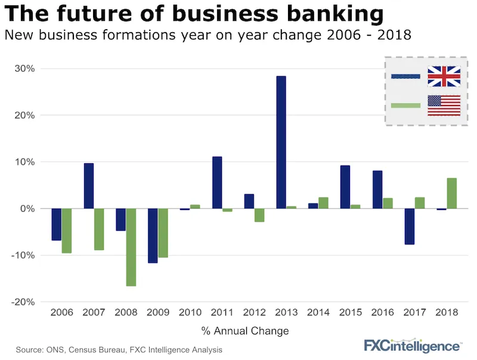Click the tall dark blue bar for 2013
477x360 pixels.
[x=281, y=142]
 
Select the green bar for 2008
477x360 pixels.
[x=131, y=247]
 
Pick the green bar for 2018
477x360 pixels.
[x=452, y=193]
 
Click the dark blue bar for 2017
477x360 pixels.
[x=410, y=226]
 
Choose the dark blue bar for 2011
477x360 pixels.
[x=217, y=182]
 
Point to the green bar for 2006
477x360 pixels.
[x=67, y=231]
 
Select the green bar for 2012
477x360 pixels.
[x=259, y=215]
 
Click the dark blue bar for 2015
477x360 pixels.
[x=345, y=187]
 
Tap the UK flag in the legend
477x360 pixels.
[x=444, y=76]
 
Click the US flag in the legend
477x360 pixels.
[x=444, y=105]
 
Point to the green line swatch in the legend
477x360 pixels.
[x=406, y=105]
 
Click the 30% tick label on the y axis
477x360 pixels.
[x=24, y=69]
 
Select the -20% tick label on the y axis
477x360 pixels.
[x=22, y=302]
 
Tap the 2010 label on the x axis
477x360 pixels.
[x=190, y=312]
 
